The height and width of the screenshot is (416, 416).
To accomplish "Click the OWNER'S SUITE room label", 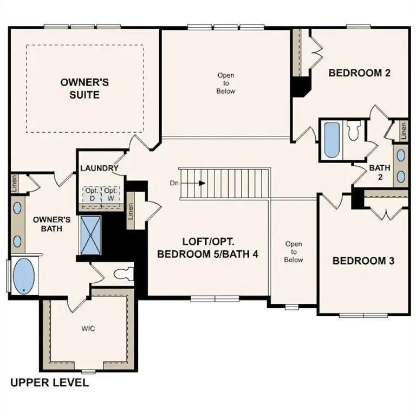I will coord(84,88).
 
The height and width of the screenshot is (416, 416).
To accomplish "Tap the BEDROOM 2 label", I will coord(360,73).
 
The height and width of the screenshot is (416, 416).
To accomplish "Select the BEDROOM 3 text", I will coord(363,261).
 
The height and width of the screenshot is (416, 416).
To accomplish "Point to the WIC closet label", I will coord(89,329).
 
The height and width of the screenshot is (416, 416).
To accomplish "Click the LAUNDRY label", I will coord(99,168).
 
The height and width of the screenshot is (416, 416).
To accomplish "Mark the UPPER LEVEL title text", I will coord(50,383).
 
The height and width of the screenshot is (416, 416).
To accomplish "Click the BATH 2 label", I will coord(380,172).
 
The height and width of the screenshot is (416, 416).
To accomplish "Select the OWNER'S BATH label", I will coord(52,224).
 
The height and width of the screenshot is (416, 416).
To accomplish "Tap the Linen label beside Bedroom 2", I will coord(404,130).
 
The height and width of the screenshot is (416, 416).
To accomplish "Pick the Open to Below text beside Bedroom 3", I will coord(294,252).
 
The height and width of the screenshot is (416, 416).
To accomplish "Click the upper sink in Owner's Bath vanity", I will coord(17,207).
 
